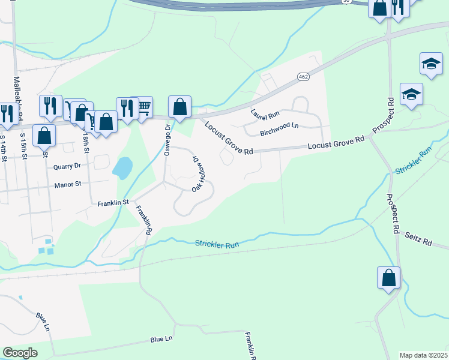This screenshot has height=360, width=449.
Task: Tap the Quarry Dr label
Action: [x=67, y=167]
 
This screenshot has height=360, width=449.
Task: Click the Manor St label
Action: [x=68, y=184]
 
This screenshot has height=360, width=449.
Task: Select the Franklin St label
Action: [x=113, y=203]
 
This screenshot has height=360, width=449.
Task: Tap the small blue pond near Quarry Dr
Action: [x=122, y=168]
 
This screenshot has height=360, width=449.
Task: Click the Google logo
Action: [x=20, y=353]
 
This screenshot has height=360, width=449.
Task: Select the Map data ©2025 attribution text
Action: [x=423, y=355]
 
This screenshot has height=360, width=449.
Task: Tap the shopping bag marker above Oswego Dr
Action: [x=180, y=107]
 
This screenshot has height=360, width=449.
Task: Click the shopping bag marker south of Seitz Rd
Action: [x=388, y=277]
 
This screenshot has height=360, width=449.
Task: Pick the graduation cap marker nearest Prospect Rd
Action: [x=412, y=94]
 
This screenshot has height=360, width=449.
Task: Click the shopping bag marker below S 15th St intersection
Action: [x=44, y=135]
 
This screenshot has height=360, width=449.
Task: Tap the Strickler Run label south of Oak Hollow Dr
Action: [x=217, y=244]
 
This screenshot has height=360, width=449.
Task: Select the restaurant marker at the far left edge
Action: [x=6, y=113]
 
